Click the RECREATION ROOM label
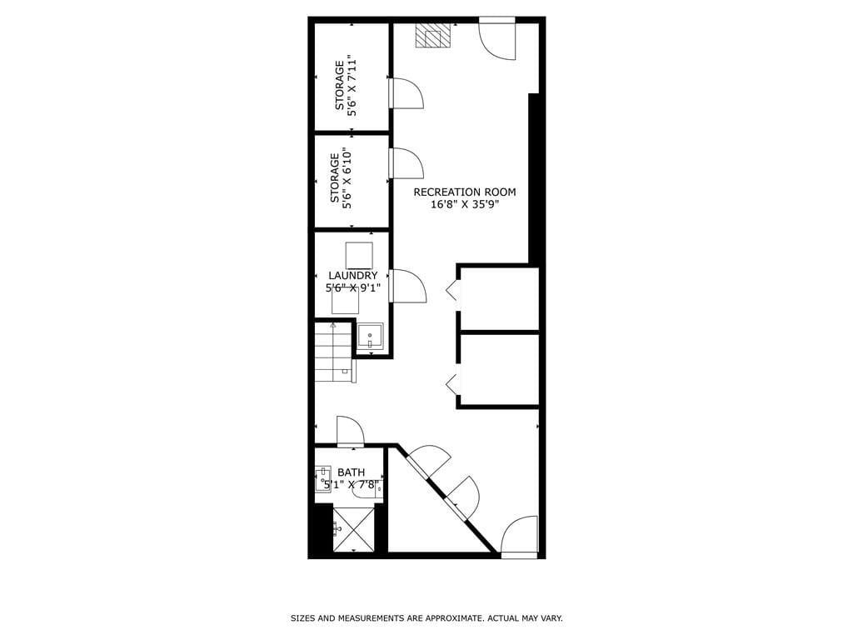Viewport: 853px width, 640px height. (465, 192)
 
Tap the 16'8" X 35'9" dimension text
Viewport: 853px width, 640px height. (465, 205)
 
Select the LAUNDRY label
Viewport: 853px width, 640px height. (352, 275)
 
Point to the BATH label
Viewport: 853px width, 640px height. (351, 472)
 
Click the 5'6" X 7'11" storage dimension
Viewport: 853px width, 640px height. (352, 85)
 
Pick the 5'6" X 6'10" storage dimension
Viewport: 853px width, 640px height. (347, 177)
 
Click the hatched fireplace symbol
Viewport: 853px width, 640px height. (432, 36)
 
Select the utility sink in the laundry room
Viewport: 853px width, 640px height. (370, 337)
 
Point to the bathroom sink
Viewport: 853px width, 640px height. (323, 480)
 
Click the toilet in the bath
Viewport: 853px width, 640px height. (367, 490)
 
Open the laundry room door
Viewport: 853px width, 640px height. (407, 286)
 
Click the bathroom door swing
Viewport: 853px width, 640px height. (351, 431)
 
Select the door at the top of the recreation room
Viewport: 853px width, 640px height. (497, 39)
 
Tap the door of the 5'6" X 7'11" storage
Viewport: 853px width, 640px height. (407, 92)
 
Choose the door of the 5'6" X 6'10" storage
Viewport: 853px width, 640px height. (407, 163)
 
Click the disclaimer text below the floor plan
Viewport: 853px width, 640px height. (426, 618)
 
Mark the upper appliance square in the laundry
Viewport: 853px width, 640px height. (358, 254)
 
